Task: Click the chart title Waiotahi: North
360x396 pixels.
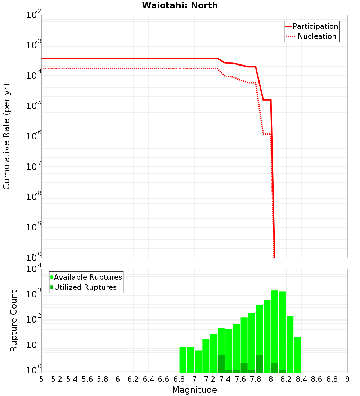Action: [180, 5]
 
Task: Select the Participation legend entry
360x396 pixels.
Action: [315, 27]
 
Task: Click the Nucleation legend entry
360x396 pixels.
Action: [317, 37]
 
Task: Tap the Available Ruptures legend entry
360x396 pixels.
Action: [88, 277]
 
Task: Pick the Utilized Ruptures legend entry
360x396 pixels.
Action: [85, 287]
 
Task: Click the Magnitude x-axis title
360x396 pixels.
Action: [194, 390]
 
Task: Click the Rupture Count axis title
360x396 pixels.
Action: [14, 321]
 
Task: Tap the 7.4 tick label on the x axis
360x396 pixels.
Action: [225, 379]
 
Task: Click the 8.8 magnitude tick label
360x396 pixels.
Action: [332, 379]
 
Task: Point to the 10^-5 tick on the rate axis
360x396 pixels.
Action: [33, 106]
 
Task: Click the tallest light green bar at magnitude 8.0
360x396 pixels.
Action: [275, 331]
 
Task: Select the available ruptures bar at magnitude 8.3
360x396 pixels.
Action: [290, 344]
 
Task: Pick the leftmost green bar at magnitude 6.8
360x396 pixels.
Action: [183, 360]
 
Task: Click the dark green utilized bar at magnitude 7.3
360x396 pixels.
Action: [221, 364]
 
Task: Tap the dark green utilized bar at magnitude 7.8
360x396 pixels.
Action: [259, 364]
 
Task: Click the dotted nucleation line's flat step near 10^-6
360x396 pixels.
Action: [267, 134]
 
